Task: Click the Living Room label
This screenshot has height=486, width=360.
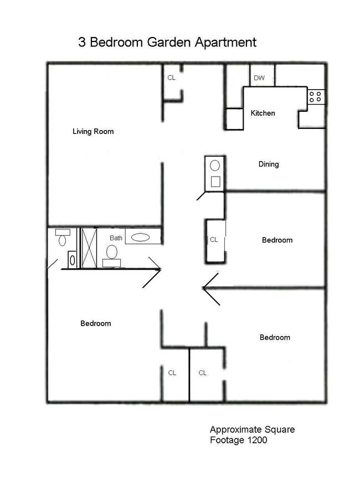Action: tap(93, 131)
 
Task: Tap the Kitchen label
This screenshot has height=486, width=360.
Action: tap(263, 113)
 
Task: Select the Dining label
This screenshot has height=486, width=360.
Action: tap(269, 164)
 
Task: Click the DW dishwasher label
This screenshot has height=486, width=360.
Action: tap(259, 78)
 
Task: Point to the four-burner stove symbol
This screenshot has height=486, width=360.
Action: tap(315, 97)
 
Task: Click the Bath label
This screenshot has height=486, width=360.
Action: tap(116, 238)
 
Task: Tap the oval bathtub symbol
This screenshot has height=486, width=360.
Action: tap(141, 237)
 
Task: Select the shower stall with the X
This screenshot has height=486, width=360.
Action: tap(89, 248)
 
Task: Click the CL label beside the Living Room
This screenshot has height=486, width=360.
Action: tap(172, 78)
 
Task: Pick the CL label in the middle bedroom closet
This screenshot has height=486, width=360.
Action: tap(214, 240)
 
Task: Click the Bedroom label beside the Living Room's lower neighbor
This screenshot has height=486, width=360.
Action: tap(95, 324)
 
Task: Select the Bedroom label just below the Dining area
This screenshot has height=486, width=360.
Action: tap(277, 240)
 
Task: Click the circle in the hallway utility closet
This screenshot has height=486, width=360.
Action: tap(215, 166)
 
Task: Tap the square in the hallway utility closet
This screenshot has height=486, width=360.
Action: tap(215, 182)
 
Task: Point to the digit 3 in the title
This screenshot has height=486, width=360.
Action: tap(82, 42)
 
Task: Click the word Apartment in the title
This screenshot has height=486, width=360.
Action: tap(225, 43)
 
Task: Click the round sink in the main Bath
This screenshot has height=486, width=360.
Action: tap(112, 252)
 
